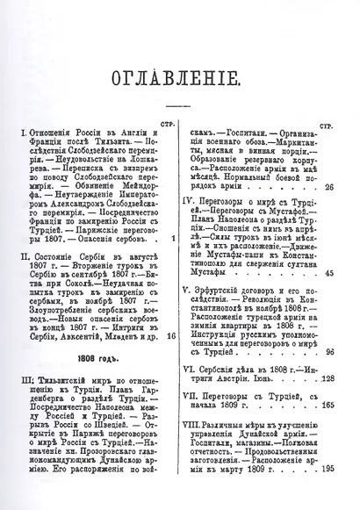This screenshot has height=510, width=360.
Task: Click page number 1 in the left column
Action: point(175,237)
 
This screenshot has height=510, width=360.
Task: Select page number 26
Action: point(328,187)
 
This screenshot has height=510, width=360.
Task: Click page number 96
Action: point(330,351)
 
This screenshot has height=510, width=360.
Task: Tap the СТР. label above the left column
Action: point(170,120)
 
